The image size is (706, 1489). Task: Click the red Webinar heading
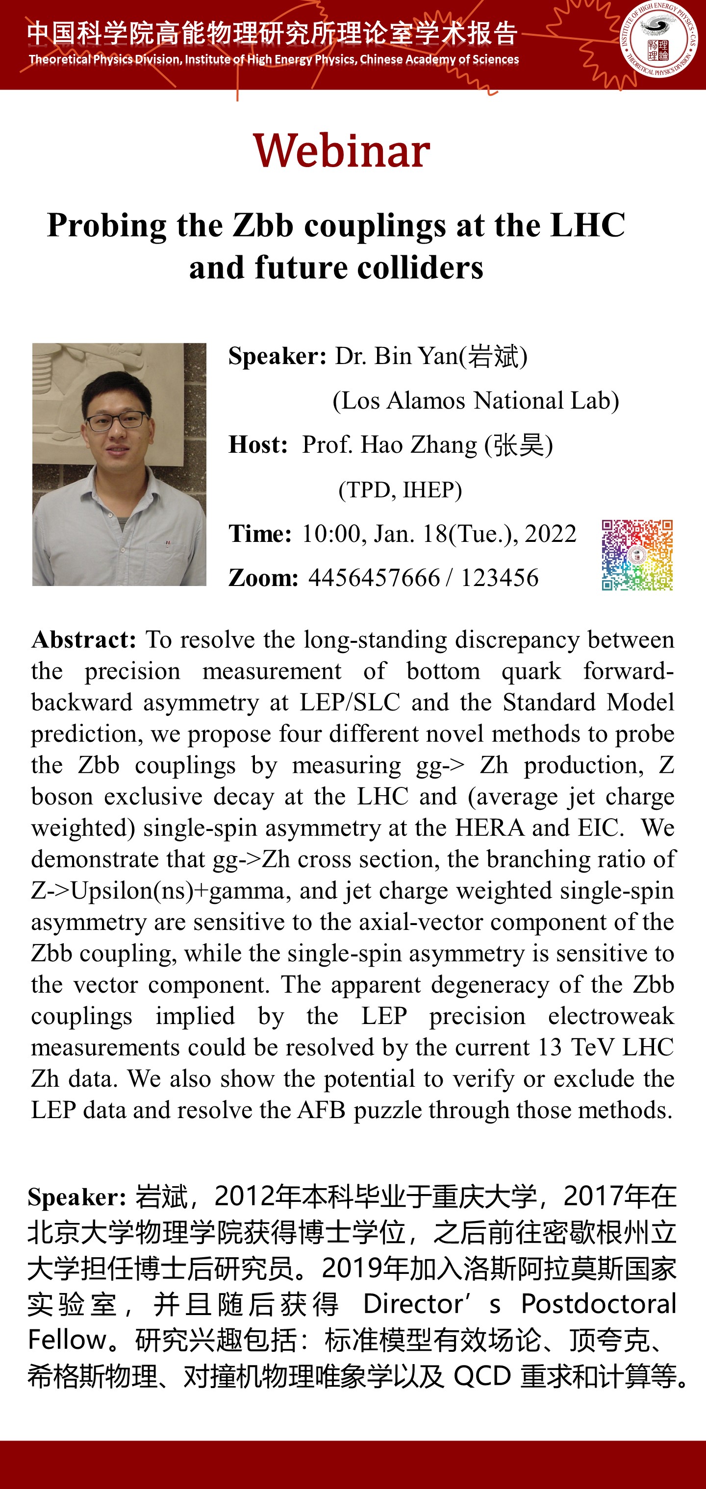coord(342,151)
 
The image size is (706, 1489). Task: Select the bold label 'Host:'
coord(258,444)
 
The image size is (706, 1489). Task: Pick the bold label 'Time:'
coord(260,534)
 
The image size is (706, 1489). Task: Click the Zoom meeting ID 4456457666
coord(374,578)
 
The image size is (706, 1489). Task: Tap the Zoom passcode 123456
coord(499,578)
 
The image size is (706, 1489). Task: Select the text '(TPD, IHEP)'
coord(400,489)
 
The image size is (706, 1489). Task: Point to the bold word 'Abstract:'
coord(84,640)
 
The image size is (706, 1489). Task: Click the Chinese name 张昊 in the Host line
coord(519,444)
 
